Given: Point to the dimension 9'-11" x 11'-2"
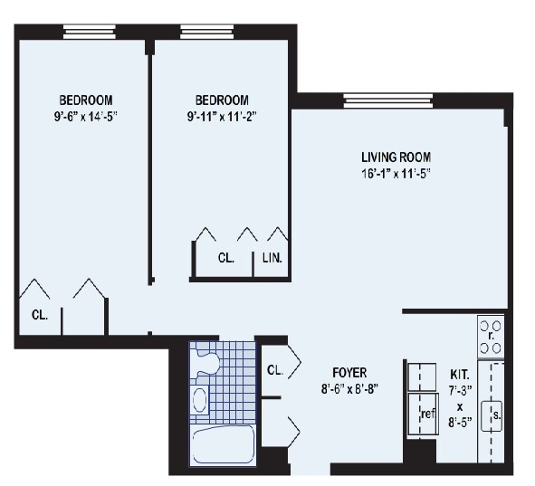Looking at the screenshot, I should (x=221, y=115).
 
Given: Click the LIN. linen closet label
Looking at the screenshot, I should (x=272, y=258).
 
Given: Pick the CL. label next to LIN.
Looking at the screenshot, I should (x=226, y=258).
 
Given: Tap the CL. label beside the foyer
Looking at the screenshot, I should (x=275, y=370).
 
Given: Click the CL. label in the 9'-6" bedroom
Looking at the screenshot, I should (x=40, y=316).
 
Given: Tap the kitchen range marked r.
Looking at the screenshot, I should (x=491, y=336).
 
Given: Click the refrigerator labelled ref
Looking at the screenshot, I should (x=423, y=415).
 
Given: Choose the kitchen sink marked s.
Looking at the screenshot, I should (x=494, y=415).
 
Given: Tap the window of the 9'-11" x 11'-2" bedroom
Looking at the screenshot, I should (x=207, y=33).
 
